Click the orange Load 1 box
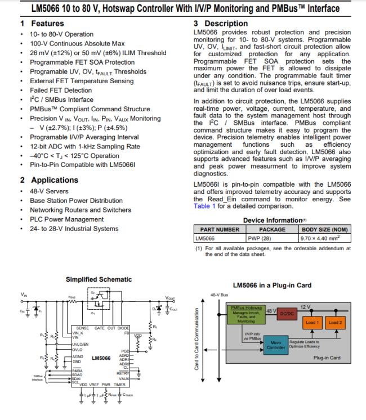point(313,323)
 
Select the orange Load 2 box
point(336,323)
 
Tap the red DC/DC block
point(288,312)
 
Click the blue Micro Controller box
point(276,344)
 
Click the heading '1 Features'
point(42,24)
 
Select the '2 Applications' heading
point(49,180)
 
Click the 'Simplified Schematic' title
point(99,279)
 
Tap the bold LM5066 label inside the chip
point(101,358)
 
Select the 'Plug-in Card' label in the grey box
point(327,358)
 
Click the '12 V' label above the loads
point(306,306)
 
